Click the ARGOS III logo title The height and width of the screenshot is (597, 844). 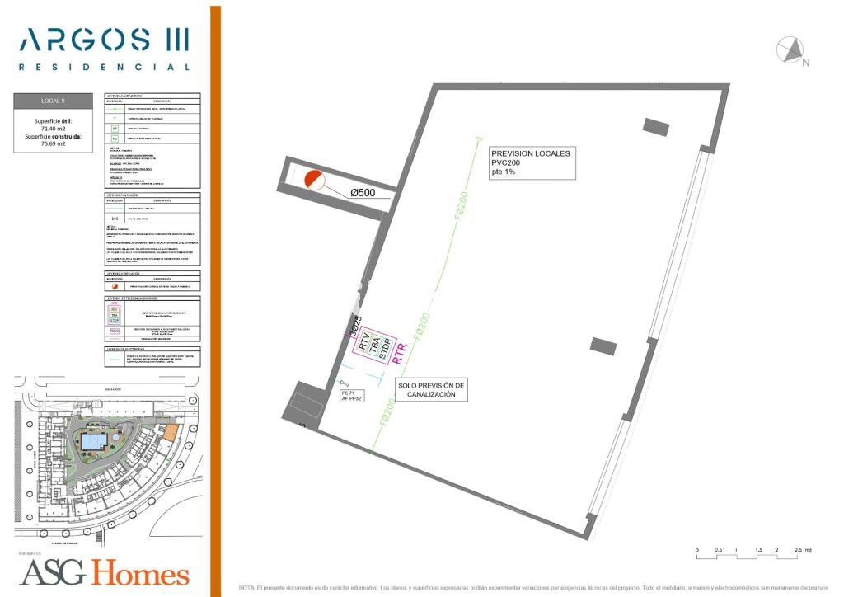click(x=103, y=39)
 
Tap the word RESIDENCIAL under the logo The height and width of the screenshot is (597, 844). click(x=104, y=67)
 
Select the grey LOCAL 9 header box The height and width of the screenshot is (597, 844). click(x=53, y=101)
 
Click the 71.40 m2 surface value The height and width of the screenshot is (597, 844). click(x=53, y=129)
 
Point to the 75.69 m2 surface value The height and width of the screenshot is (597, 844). click(x=53, y=144)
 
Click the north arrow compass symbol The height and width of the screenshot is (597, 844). click(x=791, y=51)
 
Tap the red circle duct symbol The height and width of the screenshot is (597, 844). click(x=312, y=180)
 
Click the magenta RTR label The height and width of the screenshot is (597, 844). click(x=401, y=355)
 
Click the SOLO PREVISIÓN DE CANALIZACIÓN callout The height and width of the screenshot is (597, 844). click(x=431, y=390)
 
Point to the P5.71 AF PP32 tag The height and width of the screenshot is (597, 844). click(x=353, y=397)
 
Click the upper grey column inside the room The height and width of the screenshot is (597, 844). click(x=656, y=126)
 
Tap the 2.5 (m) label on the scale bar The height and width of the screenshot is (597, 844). click(x=802, y=549)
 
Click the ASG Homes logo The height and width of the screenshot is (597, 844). click(x=105, y=573)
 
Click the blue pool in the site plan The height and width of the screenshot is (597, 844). click(x=92, y=443)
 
